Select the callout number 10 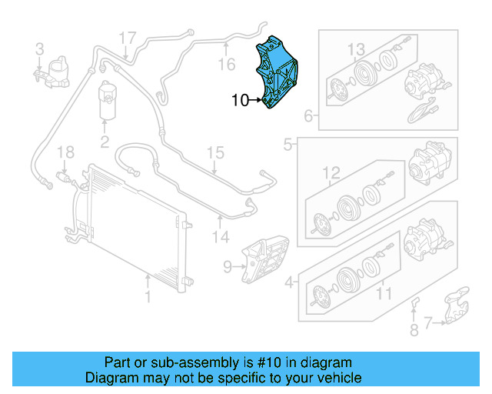tap(240, 100)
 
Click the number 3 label tap(39, 50)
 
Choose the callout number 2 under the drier tap(105, 142)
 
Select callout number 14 tap(221, 237)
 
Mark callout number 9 tap(227, 268)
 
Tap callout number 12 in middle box tap(331, 172)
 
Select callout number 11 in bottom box tap(383, 293)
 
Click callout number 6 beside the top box tap(308, 117)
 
